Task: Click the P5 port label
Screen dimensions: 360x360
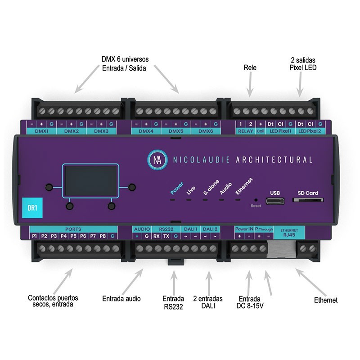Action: click(73, 236)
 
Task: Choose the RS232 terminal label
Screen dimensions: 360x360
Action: click(161, 229)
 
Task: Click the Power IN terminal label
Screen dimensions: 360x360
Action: click(244, 229)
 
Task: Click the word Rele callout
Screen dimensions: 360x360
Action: click(250, 67)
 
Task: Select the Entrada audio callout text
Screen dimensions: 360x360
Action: click(121, 298)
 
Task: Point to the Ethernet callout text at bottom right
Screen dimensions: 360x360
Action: click(325, 300)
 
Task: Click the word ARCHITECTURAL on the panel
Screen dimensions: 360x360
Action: click(274, 160)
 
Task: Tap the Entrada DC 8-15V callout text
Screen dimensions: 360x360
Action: click(250, 302)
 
